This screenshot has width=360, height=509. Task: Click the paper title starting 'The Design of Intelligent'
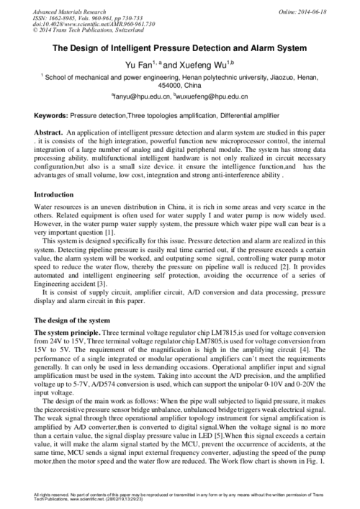click(x=180, y=48)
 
